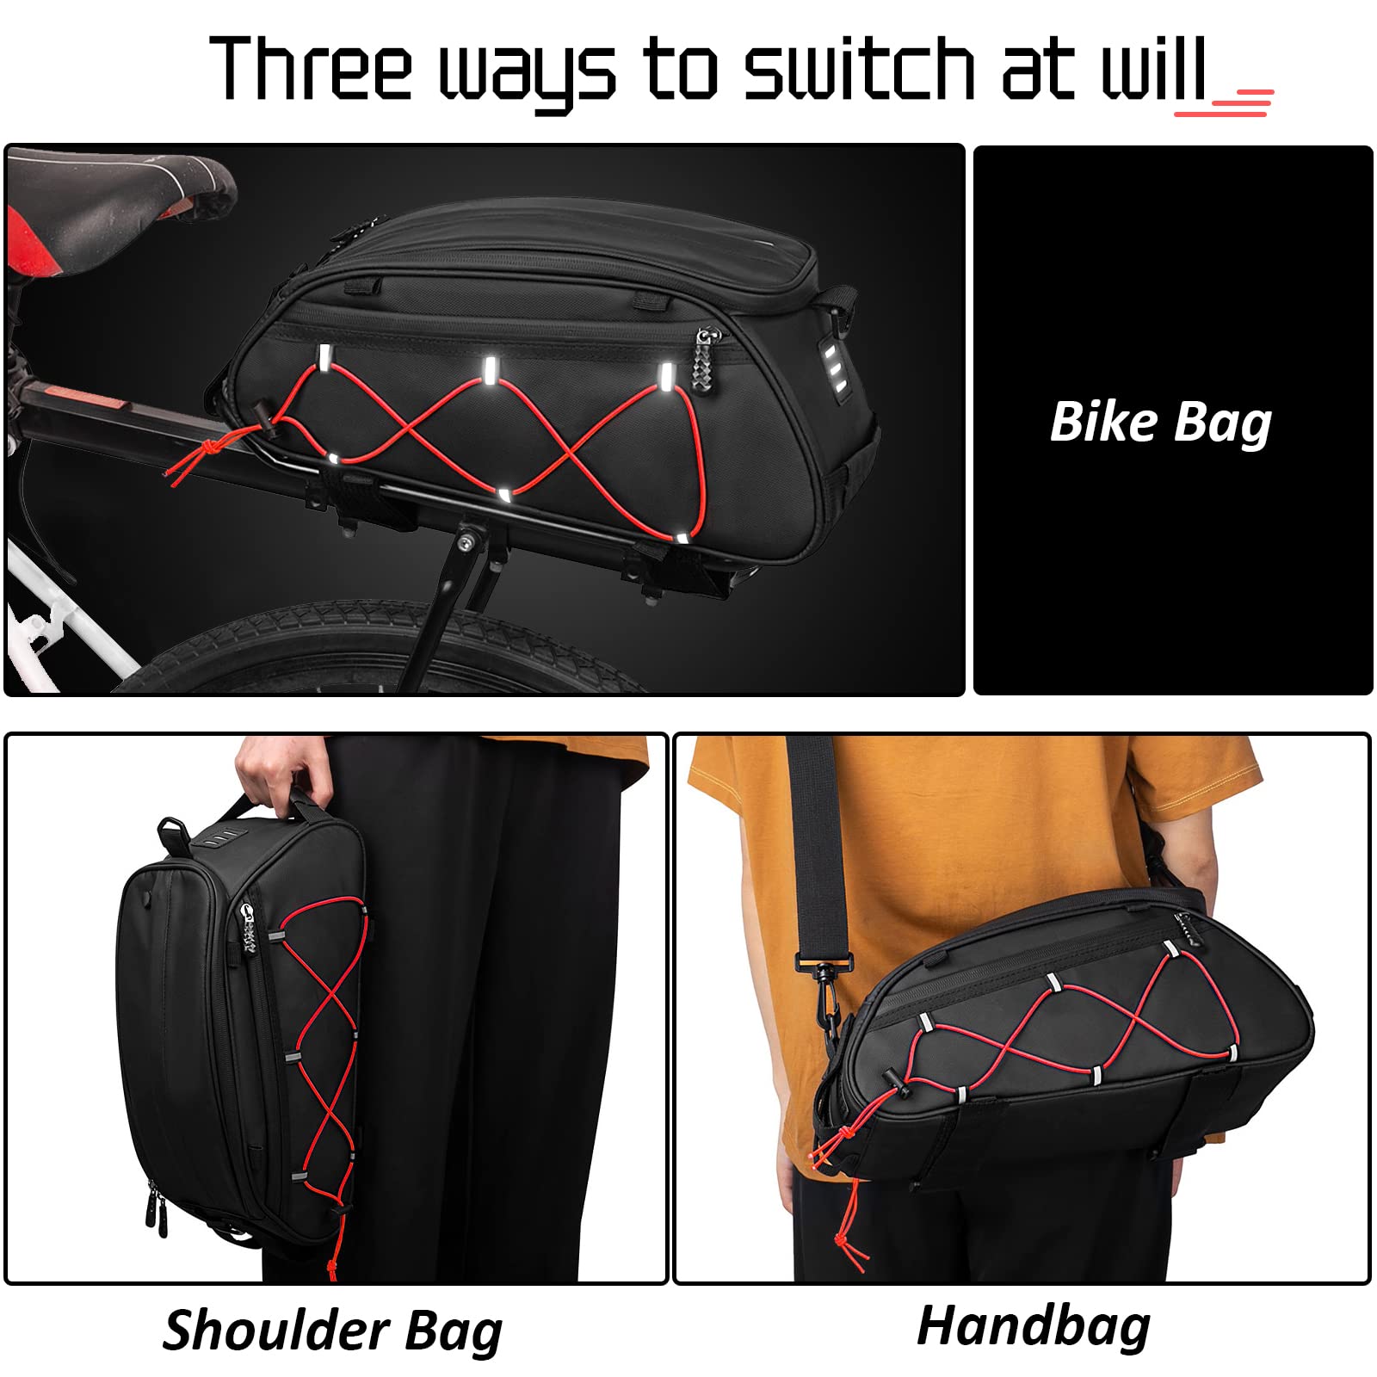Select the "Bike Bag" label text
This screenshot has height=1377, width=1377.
tap(1160, 423)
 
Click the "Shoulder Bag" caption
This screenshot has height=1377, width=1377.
tap(332, 1331)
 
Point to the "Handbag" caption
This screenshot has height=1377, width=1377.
tap(1033, 1325)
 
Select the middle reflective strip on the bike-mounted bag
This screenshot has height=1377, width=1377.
tap(489, 371)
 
